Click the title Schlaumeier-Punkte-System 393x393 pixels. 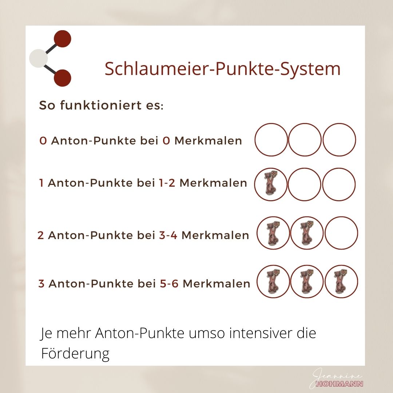(x=223, y=69)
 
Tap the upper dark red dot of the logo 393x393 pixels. (x=63, y=39)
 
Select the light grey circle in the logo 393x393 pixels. (x=38, y=58)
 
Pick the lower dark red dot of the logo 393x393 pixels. (x=63, y=78)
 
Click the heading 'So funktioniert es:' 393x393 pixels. (x=101, y=105)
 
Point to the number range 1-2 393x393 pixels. (x=167, y=183)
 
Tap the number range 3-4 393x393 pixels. (x=168, y=235)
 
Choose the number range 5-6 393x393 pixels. (x=169, y=283)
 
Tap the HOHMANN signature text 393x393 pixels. (x=340, y=384)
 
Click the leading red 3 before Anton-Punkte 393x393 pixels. (x=41, y=283)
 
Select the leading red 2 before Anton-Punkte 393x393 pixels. (x=41, y=235)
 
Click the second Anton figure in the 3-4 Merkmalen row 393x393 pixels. (x=307, y=233)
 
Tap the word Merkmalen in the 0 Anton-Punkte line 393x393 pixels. (x=208, y=140)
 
